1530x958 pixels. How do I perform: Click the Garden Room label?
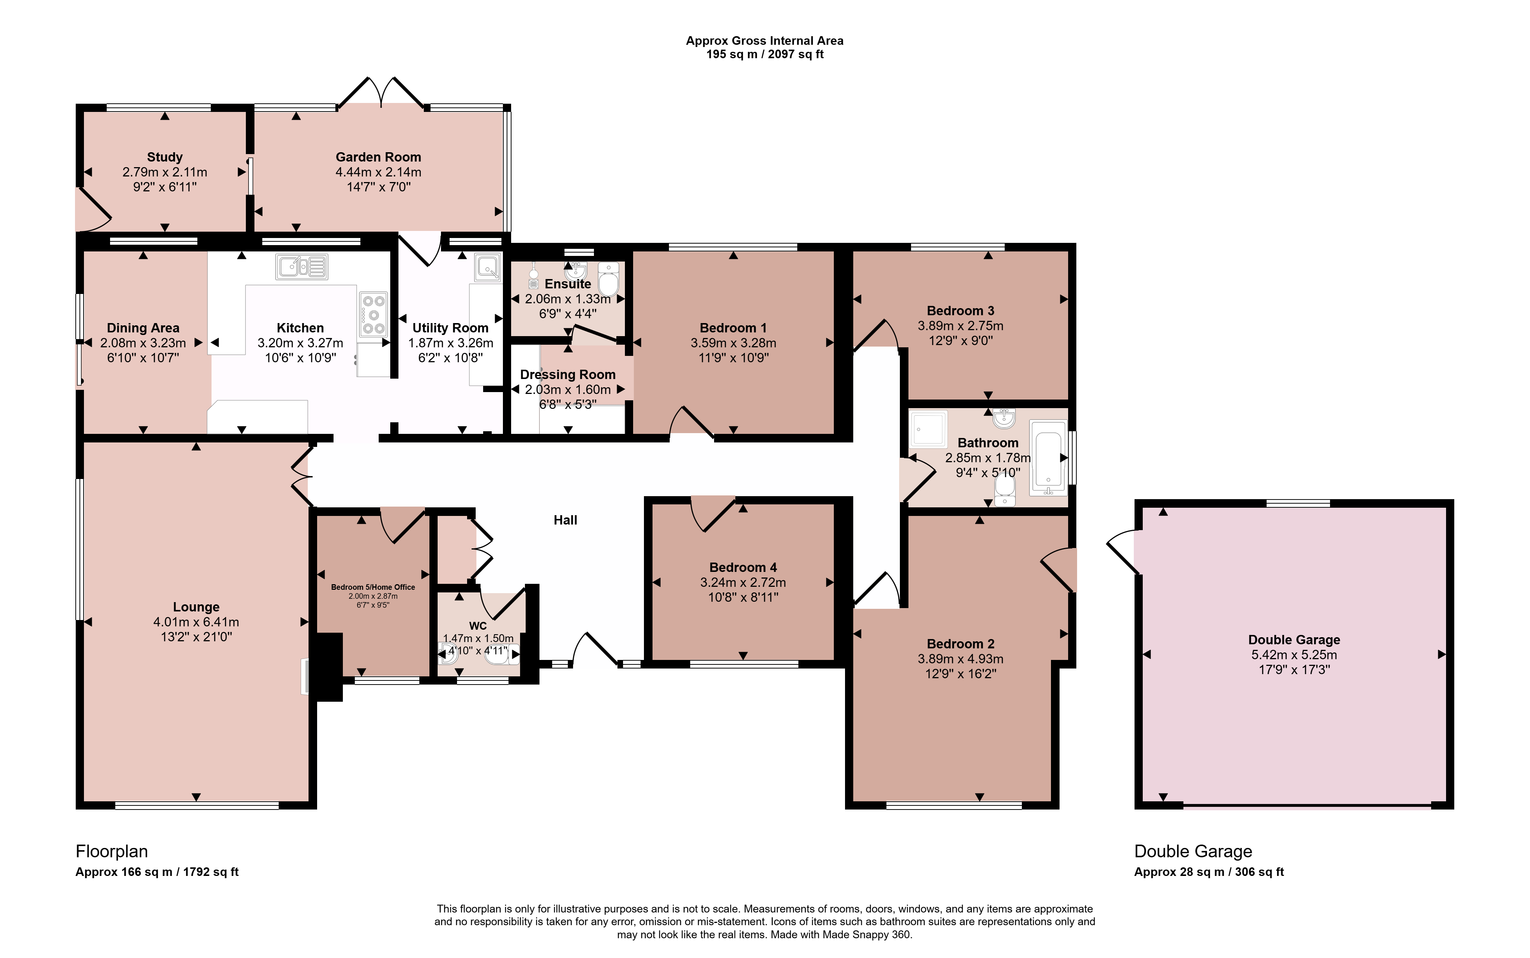[x=378, y=157]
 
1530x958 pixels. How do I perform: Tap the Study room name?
[x=165, y=157]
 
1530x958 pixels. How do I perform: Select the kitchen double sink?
[x=301, y=267]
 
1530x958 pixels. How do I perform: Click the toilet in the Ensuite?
[x=608, y=279]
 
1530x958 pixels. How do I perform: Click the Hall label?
[x=565, y=520]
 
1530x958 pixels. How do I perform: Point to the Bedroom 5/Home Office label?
[x=373, y=587]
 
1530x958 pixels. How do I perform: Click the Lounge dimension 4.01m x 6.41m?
[x=196, y=622]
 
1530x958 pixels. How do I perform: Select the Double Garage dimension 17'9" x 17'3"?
[x=1294, y=670]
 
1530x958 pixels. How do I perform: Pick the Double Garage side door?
[x=1123, y=552]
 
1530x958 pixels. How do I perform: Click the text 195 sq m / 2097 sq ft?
[x=765, y=54]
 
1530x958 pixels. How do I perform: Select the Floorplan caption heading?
[x=112, y=852]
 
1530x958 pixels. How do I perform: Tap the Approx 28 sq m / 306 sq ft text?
[x=1209, y=872]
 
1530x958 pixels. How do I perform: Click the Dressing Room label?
[x=568, y=375]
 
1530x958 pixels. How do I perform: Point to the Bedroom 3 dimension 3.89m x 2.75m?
[x=960, y=326]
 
